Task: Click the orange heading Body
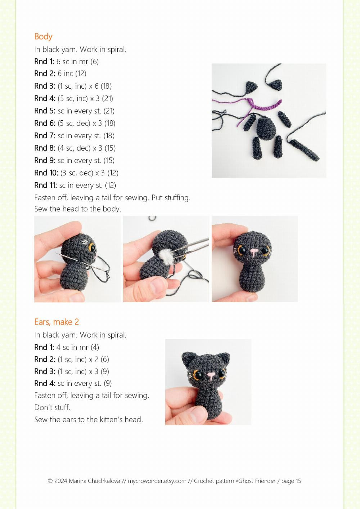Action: click(x=43, y=36)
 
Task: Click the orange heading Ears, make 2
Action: click(x=57, y=322)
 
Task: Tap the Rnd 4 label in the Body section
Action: click(x=45, y=98)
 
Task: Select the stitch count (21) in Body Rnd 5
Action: click(x=109, y=111)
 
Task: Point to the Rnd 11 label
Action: click(x=45, y=185)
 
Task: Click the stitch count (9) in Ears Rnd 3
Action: click(x=105, y=371)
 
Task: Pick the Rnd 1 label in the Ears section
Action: click(x=44, y=347)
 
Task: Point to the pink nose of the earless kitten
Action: click(x=254, y=251)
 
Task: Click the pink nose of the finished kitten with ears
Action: click(x=211, y=375)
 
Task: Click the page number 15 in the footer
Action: click(x=298, y=481)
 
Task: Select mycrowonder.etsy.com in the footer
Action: click(x=157, y=481)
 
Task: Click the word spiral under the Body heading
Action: click(x=116, y=49)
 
